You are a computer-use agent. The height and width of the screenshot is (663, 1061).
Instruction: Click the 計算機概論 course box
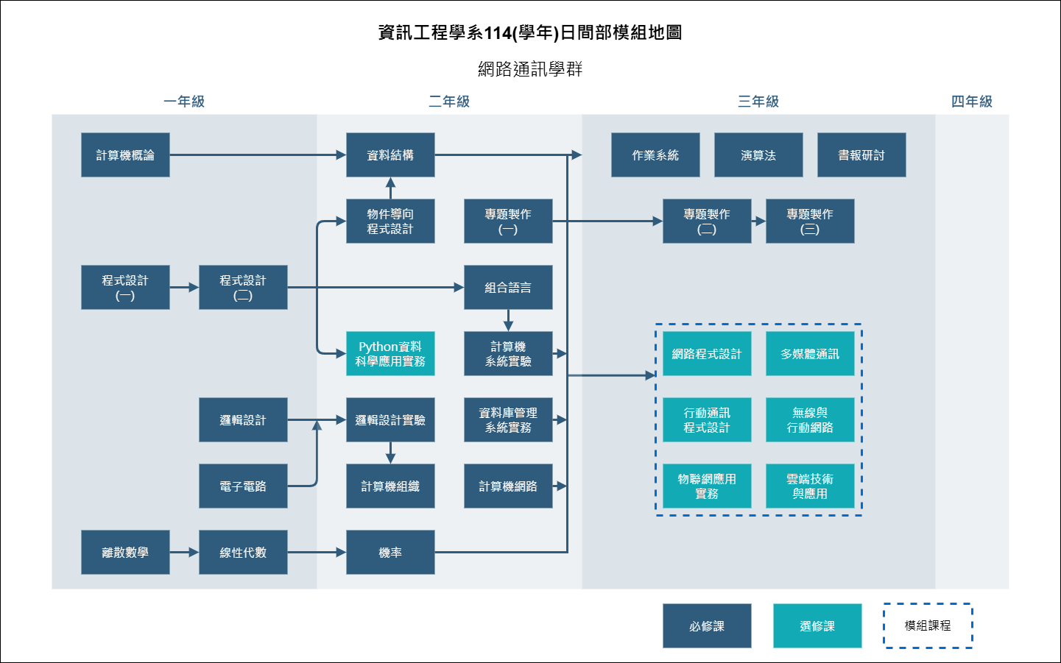tap(125, 155)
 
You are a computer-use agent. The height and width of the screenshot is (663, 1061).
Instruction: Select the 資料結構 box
tap(390, 155)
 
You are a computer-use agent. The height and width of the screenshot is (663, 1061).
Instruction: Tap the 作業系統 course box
tap(655, 155)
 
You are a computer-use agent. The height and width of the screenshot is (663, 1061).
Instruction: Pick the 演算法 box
tap(758, 155)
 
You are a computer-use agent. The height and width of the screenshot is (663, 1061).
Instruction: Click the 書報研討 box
tap(861, 155)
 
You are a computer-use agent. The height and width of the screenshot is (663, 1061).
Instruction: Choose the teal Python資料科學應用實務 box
tap(390, 354)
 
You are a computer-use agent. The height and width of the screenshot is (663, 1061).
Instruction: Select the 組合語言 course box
tap(508, 288)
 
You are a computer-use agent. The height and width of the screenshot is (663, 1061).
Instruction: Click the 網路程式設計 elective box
tap(707, 354)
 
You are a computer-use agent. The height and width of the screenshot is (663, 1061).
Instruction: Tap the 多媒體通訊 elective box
tap(810, 354)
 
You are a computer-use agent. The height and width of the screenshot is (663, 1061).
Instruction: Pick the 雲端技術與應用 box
tap(810, 486)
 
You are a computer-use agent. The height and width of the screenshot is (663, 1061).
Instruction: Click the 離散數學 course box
tap(125, 553)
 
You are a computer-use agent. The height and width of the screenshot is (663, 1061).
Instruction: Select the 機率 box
tap(390, 553)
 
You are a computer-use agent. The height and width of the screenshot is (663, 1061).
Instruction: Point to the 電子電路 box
tap(243, 486)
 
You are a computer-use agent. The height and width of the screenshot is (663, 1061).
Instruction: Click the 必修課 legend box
tap(707, 626)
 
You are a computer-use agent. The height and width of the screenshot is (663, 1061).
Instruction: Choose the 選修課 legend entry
tap(817, 626)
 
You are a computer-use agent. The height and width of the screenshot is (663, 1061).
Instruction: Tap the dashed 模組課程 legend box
tap(928, 626)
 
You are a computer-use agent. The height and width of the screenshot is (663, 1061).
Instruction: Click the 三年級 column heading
tap(758, 102)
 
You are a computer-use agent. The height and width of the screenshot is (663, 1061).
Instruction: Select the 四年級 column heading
tap(972, 102)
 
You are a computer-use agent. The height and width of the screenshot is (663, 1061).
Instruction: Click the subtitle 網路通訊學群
tap(530, 69)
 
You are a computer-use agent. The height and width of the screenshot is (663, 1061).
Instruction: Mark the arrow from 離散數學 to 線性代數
tap(184, 553)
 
